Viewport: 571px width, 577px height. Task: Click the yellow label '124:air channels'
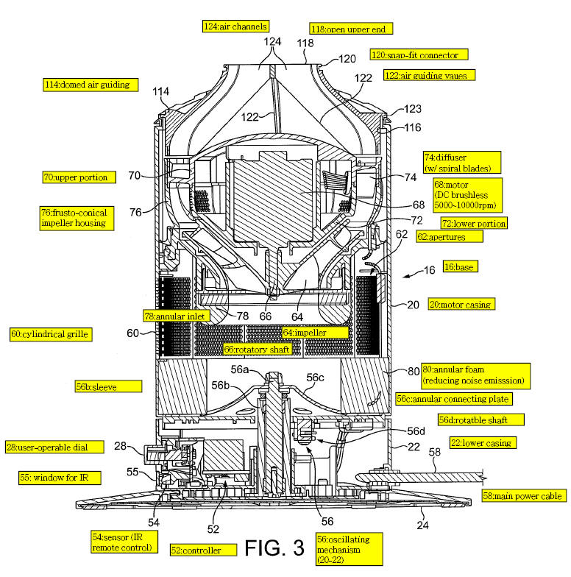pos(235,26)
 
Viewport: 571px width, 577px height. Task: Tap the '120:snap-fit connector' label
pos(419,54)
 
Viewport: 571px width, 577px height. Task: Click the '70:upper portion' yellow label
pos(75,177)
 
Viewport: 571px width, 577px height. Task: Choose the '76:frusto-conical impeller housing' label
pos(73,217)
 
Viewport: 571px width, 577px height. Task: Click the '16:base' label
pos(458,267)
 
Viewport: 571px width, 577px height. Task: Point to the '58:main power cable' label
pos(523,496)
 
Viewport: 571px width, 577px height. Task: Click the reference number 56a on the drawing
pos(241,369)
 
